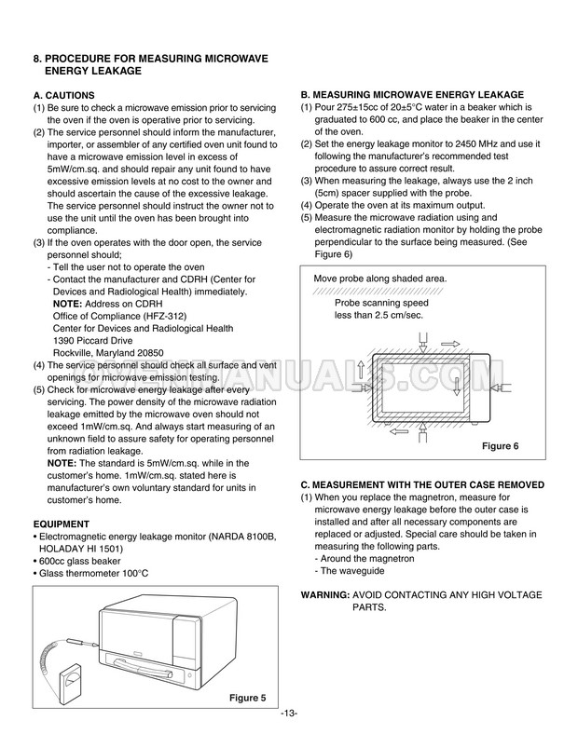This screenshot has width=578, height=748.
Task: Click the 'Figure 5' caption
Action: [247, 698]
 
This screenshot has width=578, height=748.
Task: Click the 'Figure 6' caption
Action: [500, 446]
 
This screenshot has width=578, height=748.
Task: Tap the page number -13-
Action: [288, 714]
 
